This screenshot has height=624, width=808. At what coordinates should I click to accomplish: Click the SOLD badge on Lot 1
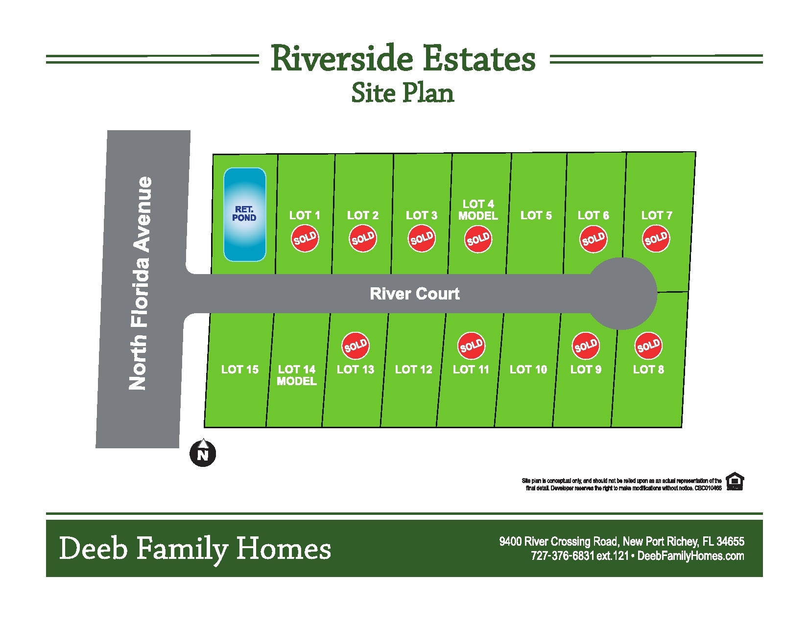click(305, 239)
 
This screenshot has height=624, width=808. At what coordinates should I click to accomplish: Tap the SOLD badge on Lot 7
click(656, 239)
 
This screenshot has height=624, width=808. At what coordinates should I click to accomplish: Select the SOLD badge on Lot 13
click(356, 346)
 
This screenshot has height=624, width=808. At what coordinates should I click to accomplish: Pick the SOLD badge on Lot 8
click(648, 346)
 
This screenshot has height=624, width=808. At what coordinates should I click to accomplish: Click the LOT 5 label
click(536, 215)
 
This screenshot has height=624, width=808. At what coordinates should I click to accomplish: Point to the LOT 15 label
click(240, 370)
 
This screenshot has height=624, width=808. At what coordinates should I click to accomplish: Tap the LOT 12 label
click(413, 370)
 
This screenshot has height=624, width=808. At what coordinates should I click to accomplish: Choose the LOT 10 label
click(528, 370)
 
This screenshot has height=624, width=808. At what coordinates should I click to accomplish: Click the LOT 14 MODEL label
click(297, 375)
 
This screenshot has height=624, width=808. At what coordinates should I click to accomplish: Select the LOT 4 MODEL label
click(478, 209)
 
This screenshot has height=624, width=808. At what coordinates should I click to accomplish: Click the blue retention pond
click(245, 214)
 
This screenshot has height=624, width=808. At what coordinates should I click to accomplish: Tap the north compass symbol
click(203, 452)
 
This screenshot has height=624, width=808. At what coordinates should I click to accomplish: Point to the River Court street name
click(415, 294)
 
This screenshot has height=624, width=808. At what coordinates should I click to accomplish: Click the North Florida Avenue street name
click(140, 283)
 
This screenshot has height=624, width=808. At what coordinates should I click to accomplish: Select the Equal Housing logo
click(735, 481)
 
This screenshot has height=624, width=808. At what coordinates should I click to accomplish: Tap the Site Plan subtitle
click(403, 92)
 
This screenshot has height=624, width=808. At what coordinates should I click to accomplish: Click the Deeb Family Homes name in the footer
click(195, 549)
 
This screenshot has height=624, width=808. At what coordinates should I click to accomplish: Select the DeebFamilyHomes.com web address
click(691, 555)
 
